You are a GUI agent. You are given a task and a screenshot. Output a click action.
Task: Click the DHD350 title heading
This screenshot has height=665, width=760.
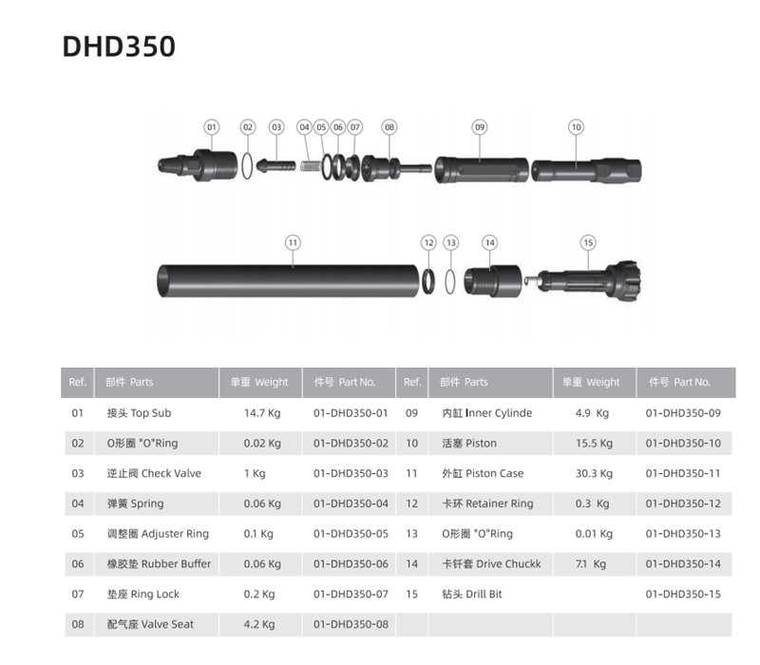119,47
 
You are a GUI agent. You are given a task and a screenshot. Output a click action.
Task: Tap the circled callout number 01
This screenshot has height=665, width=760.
211,127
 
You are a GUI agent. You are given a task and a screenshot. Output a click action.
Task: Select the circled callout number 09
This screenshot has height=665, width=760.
480,127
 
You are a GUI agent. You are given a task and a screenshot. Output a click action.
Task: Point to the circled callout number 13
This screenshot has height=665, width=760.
451,242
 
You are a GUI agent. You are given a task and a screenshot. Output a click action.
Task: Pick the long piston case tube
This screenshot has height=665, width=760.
288,280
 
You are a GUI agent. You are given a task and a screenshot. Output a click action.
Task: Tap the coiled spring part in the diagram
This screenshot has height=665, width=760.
311,165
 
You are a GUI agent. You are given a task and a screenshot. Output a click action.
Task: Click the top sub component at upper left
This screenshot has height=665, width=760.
198,165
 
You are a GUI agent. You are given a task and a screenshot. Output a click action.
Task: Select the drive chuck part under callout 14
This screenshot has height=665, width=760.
493,280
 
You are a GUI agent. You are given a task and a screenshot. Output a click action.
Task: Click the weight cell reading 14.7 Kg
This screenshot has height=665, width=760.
262,413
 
